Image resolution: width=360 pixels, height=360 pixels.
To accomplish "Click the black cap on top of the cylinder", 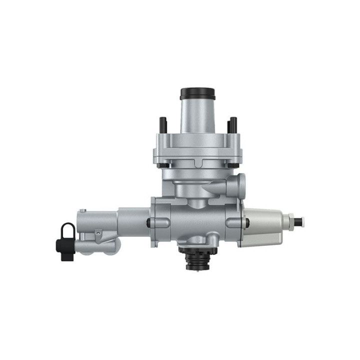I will pyautogui.click(x=197, y=93).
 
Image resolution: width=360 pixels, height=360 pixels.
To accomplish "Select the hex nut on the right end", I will pyautogui.click(x=287, y=220).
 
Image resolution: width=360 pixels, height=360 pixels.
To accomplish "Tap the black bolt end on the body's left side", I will pyautogui.click(x=149, y=222).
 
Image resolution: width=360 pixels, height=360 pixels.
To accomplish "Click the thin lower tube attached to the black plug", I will pyautogui.click(x=95, y=247).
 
